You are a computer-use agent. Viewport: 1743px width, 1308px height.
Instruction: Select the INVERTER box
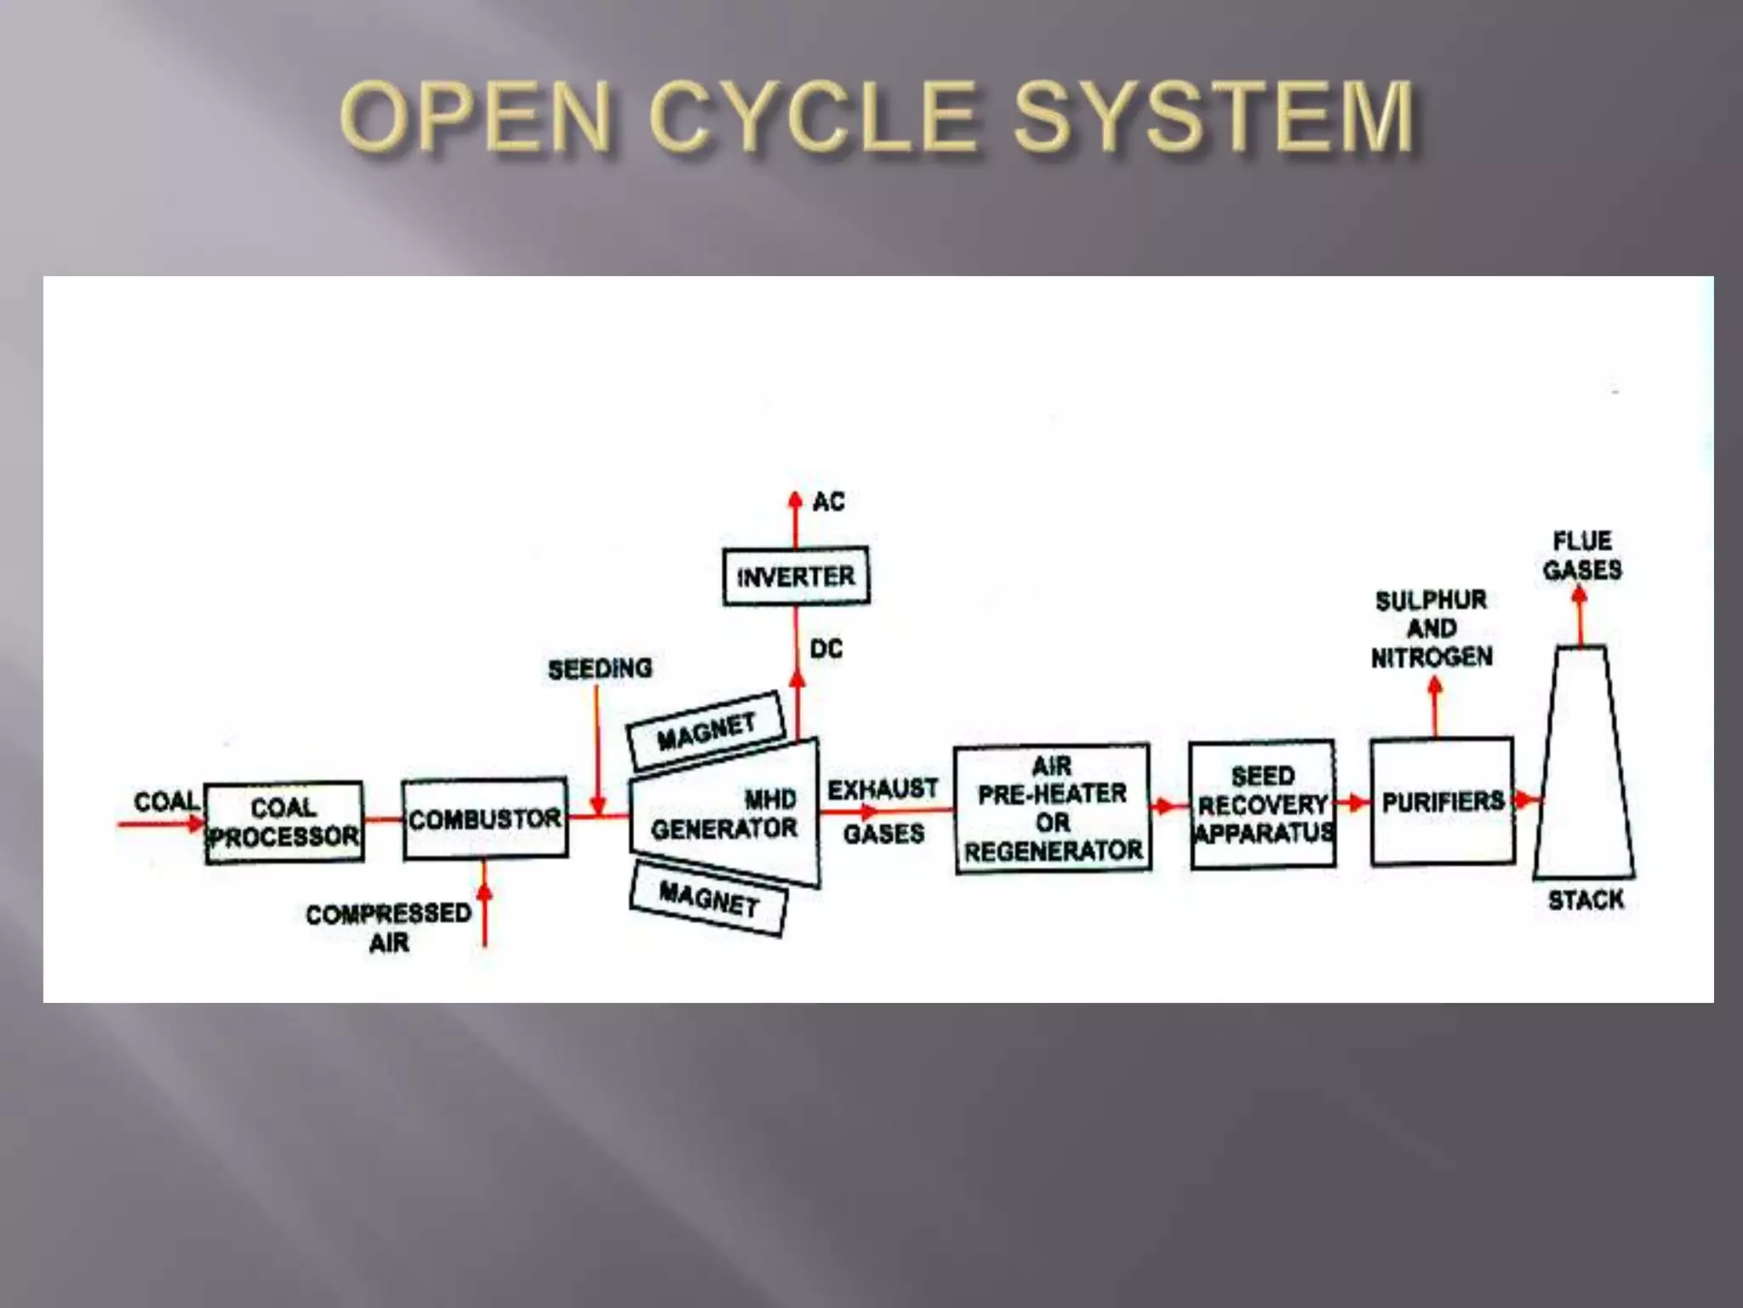(x=796, y=577)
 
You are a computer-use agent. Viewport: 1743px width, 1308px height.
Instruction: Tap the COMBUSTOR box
(x=485, y=818)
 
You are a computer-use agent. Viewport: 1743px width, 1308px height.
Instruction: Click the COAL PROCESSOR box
(x=284, y=822)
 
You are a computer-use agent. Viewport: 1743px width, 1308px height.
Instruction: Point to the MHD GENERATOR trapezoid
(x=724, y=813)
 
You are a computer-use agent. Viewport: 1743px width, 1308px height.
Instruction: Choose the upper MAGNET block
(x=706, y=731)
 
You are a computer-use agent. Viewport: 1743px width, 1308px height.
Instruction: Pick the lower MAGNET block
(x=708, y=899)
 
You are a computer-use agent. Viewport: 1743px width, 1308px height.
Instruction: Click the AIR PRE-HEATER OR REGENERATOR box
(x=1053, y=808)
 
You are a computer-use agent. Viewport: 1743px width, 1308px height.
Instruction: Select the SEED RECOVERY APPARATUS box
(x=1262, y=805)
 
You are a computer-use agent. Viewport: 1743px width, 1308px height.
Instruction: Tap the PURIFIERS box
(x=1443, y=801)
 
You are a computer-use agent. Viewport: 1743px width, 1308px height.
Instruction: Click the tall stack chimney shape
(x=1584, y=766)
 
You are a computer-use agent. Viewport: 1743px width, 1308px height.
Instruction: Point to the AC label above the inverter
(x=828, y=502)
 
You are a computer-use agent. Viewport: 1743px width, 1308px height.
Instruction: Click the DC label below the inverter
(x=826, y=649)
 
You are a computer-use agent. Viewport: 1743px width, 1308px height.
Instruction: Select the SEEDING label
(x=600, y=669)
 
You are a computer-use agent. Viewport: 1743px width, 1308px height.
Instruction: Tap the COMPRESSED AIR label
(x=389, y=928)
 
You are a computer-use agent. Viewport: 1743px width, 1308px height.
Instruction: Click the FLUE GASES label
(x=1582, y=555)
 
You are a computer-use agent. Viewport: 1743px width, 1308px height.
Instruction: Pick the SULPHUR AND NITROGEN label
(x=1432, y=628)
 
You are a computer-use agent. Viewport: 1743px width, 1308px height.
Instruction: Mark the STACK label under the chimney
(x=1586, y=900)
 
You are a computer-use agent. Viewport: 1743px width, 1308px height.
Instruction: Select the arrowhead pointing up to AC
(x=795, y=500)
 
